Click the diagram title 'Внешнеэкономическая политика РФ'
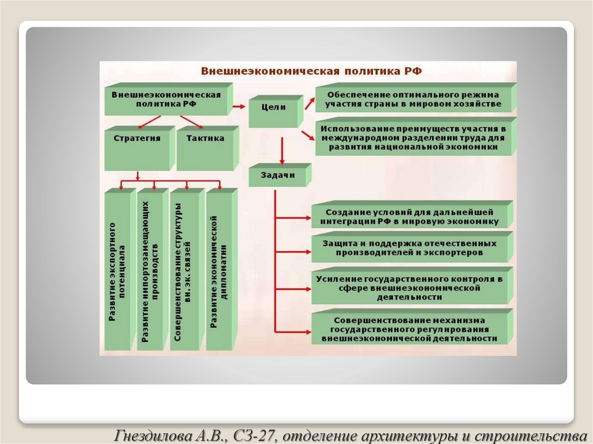[312, 71]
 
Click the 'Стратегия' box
[137, 139]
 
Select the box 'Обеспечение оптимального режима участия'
[413, 99]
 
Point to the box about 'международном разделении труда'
[413, 138]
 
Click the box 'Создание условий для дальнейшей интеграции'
[412, 217]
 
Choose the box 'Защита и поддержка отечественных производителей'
[411, 248]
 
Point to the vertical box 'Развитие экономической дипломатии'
[218, 271]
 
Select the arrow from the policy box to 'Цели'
[239, 107]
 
